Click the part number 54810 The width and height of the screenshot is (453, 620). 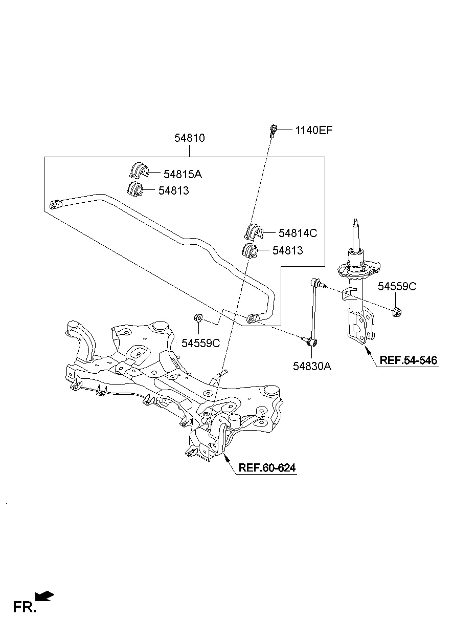pyautogui.click(x=190, y=138)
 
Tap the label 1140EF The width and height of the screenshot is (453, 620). pyautogui.click(x=313, y=130)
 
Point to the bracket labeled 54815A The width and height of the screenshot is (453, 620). pyautogui.click(x=137, y=170)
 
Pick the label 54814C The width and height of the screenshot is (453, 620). pyautogui.click(x=298, y=233)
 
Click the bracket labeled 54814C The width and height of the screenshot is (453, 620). pyautogui.click(x=253, y=231)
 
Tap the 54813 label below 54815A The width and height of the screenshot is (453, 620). pyautogui.click(x=173, y=191)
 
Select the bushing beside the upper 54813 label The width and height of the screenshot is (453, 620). pyautogui.click(x=134, y=188)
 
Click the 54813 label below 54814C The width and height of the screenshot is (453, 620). pyautogui.click(x=287, y=250)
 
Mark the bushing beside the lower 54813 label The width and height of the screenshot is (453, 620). pyautogui.click(x=249, y=251)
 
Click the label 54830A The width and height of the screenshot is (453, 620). pyautogui.click(x=312, y=366)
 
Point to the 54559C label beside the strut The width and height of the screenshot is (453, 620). pyautogui.click(x=397, y=287)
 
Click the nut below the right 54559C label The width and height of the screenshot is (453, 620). pyautogui.click(x=397, y=311)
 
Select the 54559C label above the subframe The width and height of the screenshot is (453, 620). pyautogui.click(x=200, y=343)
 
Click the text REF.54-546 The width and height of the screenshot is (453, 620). pyautogui.click(x=409, y=360)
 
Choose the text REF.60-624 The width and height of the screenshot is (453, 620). pyautogui.click(x=267, y=467)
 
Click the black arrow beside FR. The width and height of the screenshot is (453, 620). pyautogui.click(x=45, y=595)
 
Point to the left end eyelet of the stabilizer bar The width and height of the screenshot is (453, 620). pyautogui.click(x=56, y=205)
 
